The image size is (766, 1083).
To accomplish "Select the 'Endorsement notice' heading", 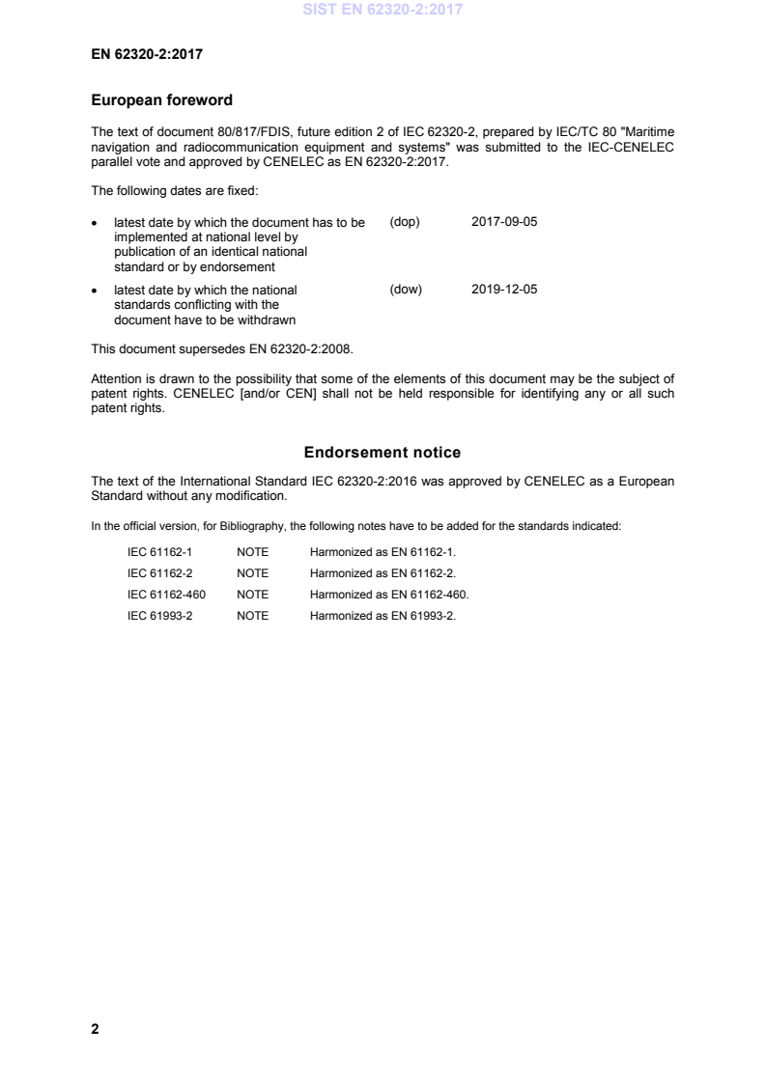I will click(383, 452).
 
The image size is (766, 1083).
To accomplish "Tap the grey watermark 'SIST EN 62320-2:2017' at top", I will click(383, 11).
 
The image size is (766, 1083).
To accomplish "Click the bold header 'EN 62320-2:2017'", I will click(147, 54).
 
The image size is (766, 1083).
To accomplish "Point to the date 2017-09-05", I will click(504, 221).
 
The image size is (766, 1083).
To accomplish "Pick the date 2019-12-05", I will click(504, 289).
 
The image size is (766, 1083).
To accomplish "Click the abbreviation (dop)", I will click(405, 221).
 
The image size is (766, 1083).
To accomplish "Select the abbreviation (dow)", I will click(406, 289).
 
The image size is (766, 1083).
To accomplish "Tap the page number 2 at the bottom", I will click(95, 1029).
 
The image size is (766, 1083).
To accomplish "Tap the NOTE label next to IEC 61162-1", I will click(252, 552).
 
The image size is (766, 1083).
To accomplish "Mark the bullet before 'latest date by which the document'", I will click(94, 222).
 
